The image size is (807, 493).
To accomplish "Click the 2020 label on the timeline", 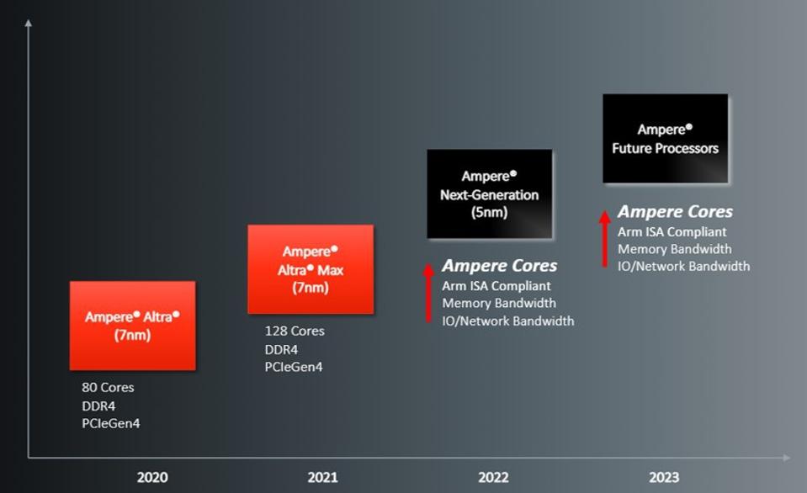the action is (152, 477).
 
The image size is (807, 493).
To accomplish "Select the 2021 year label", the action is (322, 477).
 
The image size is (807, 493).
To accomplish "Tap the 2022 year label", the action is (493, 477).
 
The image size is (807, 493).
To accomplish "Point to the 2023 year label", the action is (664, 477).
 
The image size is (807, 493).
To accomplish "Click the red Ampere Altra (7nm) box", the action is (133, 326).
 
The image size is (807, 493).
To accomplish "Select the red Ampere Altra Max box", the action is (311, 269).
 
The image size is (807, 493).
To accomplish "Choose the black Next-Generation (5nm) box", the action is (490, 194).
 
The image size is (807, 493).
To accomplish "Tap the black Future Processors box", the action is (666, 139).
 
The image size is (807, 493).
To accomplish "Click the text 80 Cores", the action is (108, 387).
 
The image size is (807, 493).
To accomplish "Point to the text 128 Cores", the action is (295, 331).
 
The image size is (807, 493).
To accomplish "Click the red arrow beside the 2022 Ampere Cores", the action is (428, 293).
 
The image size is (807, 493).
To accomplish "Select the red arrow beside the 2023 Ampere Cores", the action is (605, 238).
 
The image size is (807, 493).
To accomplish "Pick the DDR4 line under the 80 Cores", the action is (98, 406).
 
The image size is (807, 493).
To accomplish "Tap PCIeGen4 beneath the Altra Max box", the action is (294, 367).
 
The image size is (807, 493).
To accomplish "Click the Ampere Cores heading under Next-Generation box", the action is (499, 266).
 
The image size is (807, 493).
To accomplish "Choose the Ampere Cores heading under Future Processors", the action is (675, 211).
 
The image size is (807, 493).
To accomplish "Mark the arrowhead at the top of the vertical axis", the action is (29, 24).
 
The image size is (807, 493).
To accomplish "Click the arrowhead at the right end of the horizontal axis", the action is (787, 457).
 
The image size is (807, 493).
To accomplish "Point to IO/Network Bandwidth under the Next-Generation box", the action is (508, 321).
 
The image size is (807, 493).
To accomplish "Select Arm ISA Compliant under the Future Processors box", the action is (672, 231).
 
